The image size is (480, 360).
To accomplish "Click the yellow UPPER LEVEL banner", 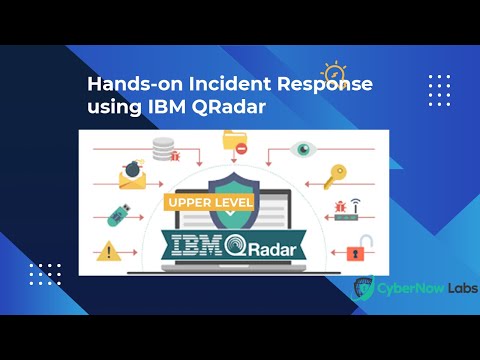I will [x=207, y=203].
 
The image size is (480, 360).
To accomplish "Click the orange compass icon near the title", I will [x=332, y=73].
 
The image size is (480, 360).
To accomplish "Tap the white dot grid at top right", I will [x=439, y=90].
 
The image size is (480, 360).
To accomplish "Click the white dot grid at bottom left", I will [x=45, y=274].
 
